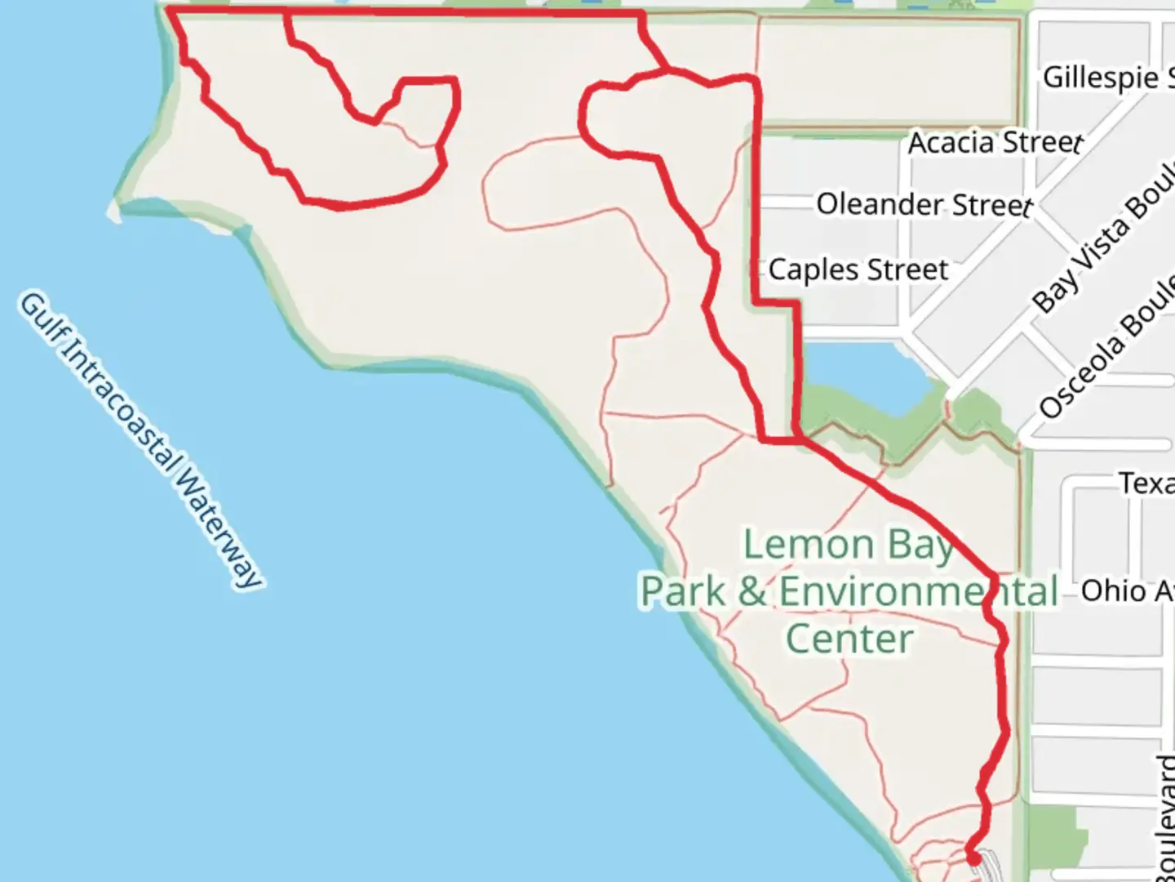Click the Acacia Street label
[995, 143]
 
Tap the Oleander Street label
[924, 204]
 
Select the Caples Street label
[858, 269]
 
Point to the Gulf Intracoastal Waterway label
[140, 440]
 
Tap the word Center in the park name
[849, 639]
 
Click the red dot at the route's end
[973, 858]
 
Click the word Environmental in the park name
[919, 591]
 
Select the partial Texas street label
[1146, 483]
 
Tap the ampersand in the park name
[752, 591]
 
